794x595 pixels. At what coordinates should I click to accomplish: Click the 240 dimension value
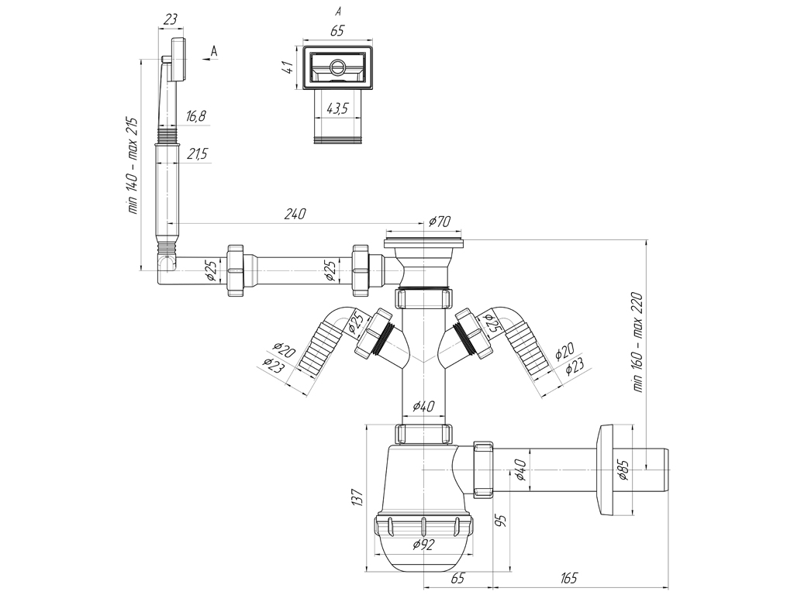pyautogui.click(x=296, y=214)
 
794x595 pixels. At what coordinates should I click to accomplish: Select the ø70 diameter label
pyautogui.click(x=439, y=222)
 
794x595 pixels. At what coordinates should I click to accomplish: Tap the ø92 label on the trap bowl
pyautogui.click(x=423, y=544)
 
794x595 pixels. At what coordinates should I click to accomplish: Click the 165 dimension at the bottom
pyautogui.click(x=568, y=578)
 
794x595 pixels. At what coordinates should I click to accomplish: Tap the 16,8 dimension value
pyautogui.click(x=196, y=116)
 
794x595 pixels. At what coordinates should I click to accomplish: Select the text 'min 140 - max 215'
pyautogui.click(x=132, y=166)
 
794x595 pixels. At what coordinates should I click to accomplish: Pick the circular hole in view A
pyautogui.click(x=338, y=67)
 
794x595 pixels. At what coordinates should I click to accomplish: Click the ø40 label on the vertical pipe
pyautogui.click(x=423, y=405)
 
